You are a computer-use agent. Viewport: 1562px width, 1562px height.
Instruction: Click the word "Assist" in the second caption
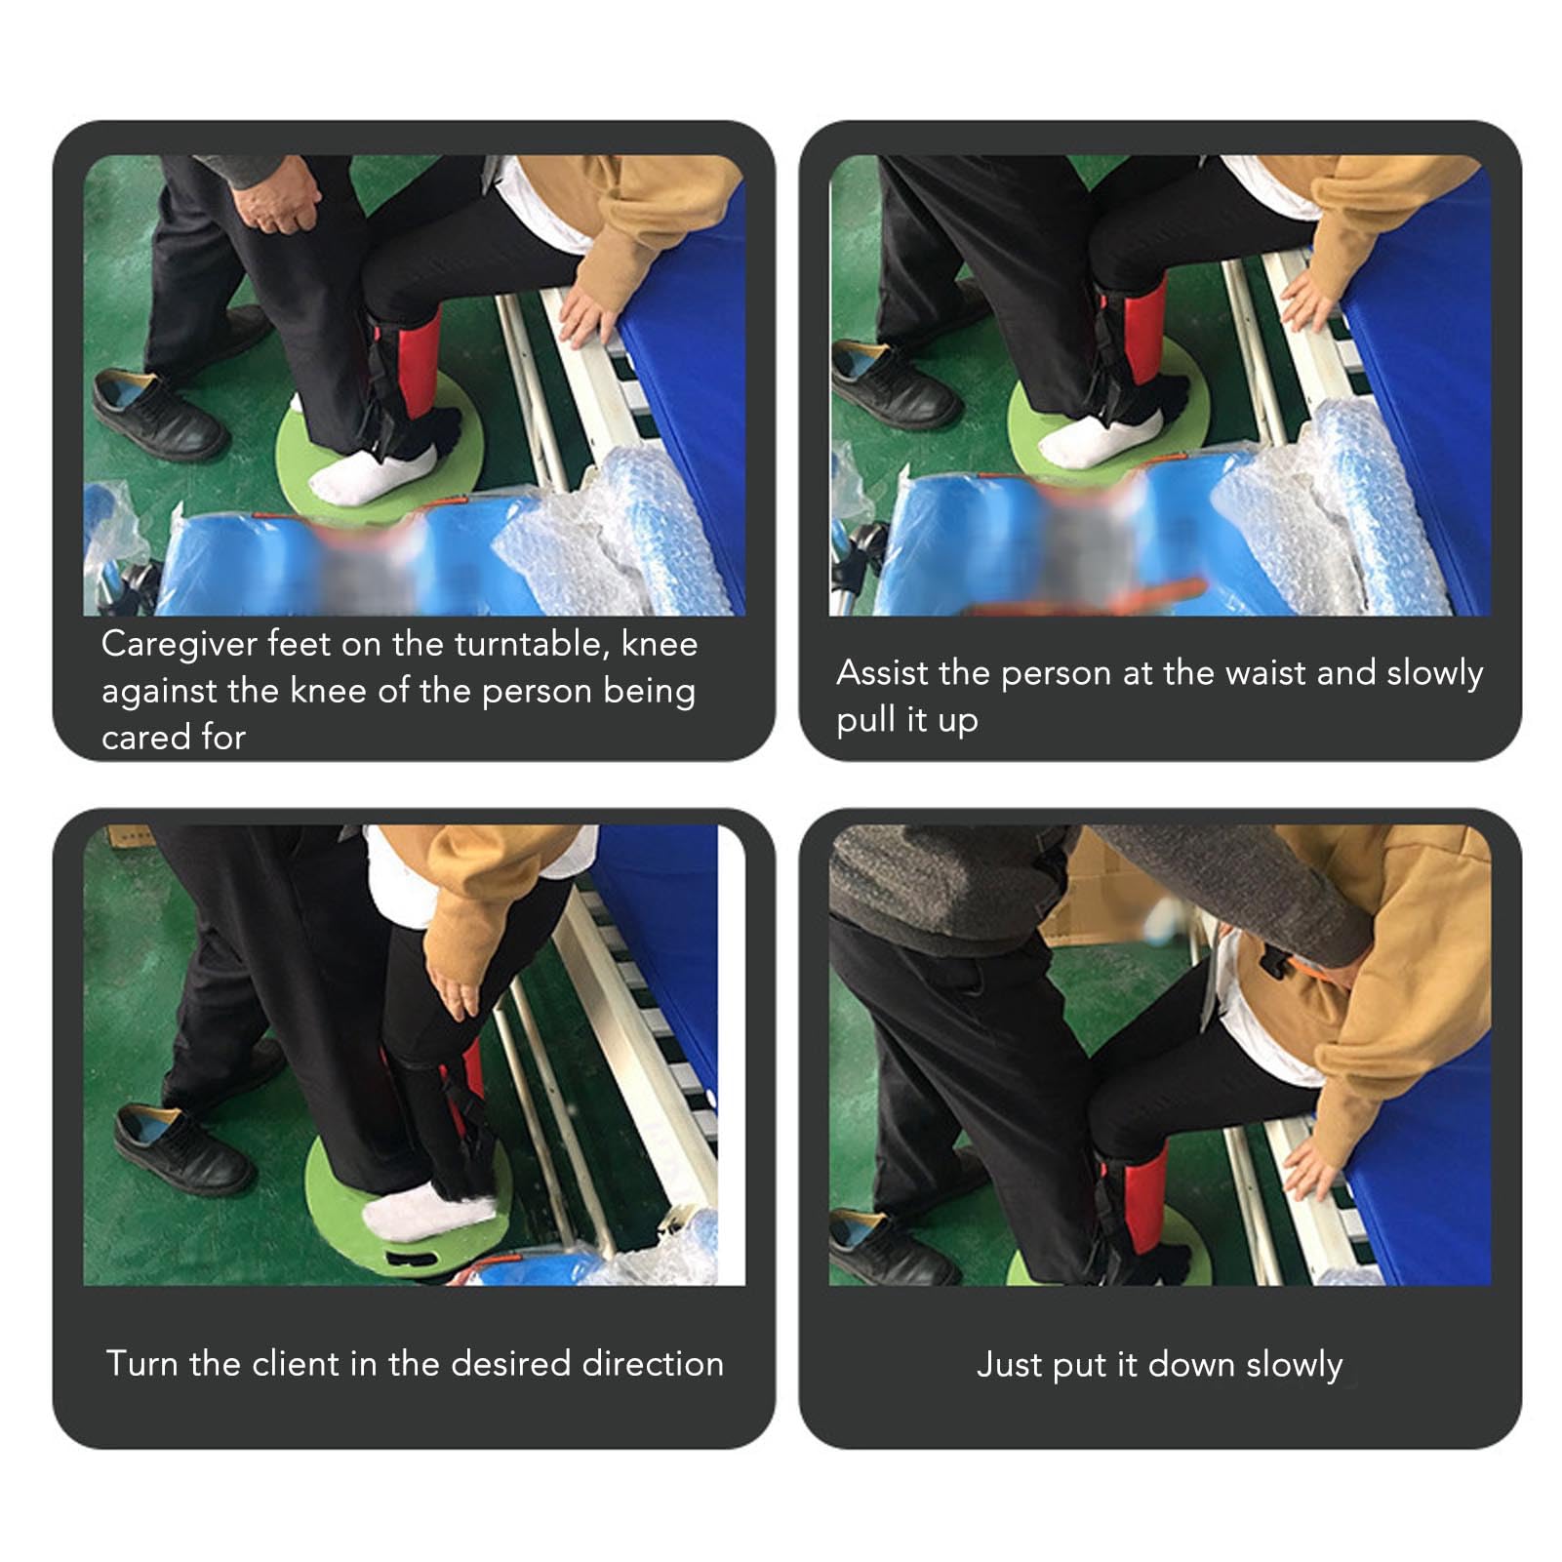pyautogui.click(x=882, y=673)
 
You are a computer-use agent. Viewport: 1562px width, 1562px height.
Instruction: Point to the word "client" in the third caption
pyautogui.click(x=295, y=1363)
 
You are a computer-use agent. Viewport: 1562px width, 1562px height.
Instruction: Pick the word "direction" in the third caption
pyautogui.click(x=653, y=1363)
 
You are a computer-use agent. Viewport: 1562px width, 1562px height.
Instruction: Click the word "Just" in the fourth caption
pyautogui.click(x=1008, y=1364)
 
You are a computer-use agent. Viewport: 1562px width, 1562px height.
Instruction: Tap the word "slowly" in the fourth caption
pyautogui.click(x=1295, y=1365)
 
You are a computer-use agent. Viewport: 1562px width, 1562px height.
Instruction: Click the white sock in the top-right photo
pyautogui.click(x=1101, y=436)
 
